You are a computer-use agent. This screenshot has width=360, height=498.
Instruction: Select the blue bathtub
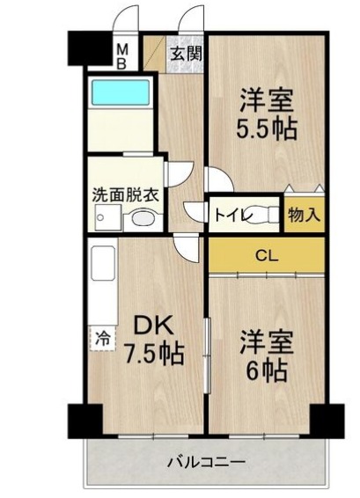coord(119,92)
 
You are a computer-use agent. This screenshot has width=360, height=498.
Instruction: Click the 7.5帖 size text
coord(153,355)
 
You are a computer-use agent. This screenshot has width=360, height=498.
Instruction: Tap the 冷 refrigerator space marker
coord(102,336)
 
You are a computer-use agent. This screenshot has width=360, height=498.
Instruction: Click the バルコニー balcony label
coord(206,461)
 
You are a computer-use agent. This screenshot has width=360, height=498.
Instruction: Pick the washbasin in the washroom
coord(136,221)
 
